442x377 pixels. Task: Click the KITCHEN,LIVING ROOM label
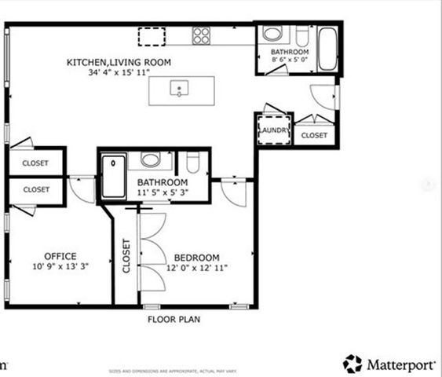119,62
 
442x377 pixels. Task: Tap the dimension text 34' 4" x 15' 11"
119,72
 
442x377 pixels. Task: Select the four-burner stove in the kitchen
202,35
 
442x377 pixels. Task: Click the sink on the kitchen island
181,90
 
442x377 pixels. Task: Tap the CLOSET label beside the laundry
314,135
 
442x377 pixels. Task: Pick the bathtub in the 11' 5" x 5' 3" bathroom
113,177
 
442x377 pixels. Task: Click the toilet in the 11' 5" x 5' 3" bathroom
193,163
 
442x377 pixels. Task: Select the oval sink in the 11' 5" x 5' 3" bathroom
151,160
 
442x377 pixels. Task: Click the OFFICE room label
60,256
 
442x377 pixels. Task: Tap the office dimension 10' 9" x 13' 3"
60,267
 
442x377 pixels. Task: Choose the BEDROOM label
196,258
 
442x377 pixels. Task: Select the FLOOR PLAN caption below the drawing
174,320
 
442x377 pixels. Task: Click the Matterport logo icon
353,364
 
